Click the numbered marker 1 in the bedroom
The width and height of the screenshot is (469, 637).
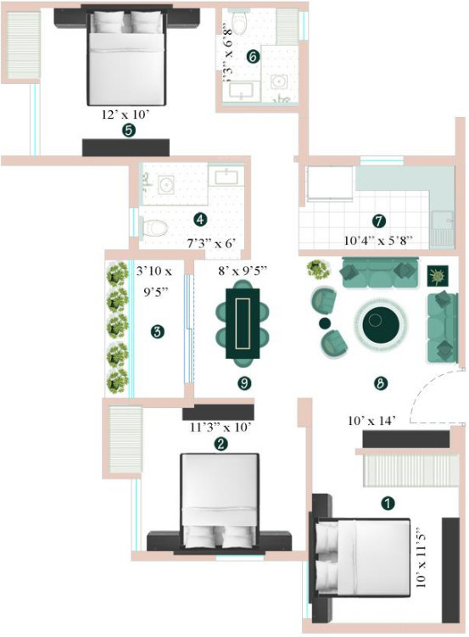click(388, 503)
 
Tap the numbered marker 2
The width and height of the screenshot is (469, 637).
click(221, 443)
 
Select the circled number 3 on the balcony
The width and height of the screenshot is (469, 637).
click(157, 332)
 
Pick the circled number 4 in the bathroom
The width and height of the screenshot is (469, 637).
click(200, 219)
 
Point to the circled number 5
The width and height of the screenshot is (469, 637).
click(128, 131)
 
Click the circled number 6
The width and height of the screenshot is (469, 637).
click(252, 56)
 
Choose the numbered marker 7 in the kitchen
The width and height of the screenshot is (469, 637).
click(379, 221)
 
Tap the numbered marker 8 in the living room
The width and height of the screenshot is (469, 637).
click(381, 383)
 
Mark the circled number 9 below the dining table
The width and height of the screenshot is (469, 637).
click(244, 383)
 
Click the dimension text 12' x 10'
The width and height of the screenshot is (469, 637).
click(127, 112)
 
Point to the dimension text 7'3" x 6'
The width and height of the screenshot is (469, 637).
click(209, 243)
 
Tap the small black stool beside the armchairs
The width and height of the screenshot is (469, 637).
click(324, 323)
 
